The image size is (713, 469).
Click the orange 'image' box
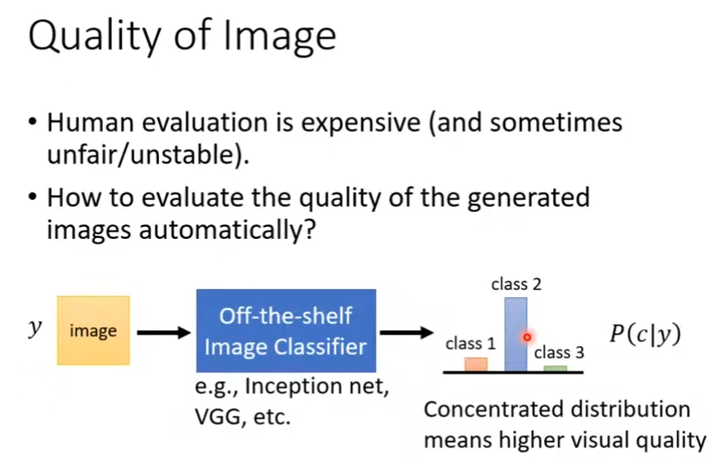pyautogui.click(x=94, y=331)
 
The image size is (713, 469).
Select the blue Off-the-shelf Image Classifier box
pyautogui.click(x=285, y=330)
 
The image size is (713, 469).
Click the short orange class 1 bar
pyautogui.click(x=476, y=364)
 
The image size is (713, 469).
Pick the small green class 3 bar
pyautogui.click(x=555, y=368)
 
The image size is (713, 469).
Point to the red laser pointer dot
pyautogui.click(x=527, y=337)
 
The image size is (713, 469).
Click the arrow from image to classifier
pyautogui.click(x=163, y=331)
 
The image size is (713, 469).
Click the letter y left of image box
pyautogui.click(x=34, y=330)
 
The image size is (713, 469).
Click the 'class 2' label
pyautogui.click(x=516, y=284)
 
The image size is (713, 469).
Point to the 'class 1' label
pyautogui.click(x=471, y=344)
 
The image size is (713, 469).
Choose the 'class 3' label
pyautogui.click(x=559, y=352)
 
